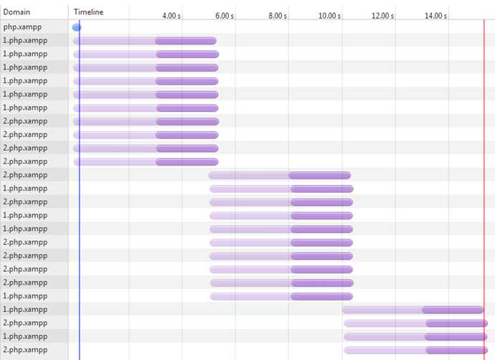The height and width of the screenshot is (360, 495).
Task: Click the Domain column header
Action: pyautogui.click(x=16, y=12)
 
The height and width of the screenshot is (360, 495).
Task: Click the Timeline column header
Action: pyautogui.click(x=88, y=12)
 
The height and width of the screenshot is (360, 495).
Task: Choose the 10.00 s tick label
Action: pyautogui.click(x=329, y=16)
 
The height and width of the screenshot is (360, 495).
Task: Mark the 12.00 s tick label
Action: pyautogui.click(x=382, y=16)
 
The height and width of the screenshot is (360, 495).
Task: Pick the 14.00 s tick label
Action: pyautogui.click(x=435, y=16)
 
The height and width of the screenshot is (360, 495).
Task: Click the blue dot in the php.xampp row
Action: pyautogui.click(x=77, y=27)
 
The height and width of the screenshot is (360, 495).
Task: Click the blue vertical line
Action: pyautogui.click(x=79, y=215)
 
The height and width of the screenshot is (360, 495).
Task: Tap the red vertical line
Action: pyautogui.click(x=484, y=215)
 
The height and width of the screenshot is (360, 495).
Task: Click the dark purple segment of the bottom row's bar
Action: pyautogui.click(x=456, y=350)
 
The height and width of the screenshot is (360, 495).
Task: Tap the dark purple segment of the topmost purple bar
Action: pyautogui.click(x=186, y=41)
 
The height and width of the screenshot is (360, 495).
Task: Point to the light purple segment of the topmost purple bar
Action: pyautogui.click(x=115, y=41)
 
